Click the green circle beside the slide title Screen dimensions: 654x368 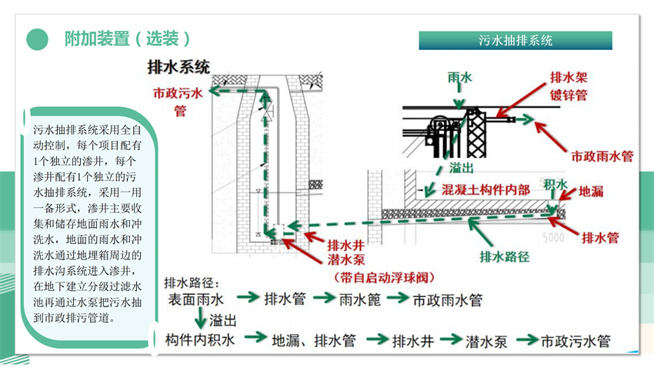38,39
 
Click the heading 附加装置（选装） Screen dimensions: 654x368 128,38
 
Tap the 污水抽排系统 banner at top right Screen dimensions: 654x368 516,41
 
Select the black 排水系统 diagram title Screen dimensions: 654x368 179,67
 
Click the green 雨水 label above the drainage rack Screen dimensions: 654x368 459,77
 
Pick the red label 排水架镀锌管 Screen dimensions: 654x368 569,86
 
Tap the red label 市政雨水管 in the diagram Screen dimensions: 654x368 602,156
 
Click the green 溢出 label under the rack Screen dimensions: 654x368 462,168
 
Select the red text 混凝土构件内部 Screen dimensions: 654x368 486,190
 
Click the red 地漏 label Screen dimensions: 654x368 591,192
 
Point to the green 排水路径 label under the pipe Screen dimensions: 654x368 504,256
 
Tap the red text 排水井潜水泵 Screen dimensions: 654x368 345,253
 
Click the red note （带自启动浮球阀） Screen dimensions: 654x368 384,277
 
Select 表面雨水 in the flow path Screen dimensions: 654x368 196,299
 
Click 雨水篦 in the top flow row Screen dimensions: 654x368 360,299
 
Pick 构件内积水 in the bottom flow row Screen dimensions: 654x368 200,340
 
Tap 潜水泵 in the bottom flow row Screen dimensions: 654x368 486,341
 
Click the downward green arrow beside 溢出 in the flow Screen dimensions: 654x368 201,319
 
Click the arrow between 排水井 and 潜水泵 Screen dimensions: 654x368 450,340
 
